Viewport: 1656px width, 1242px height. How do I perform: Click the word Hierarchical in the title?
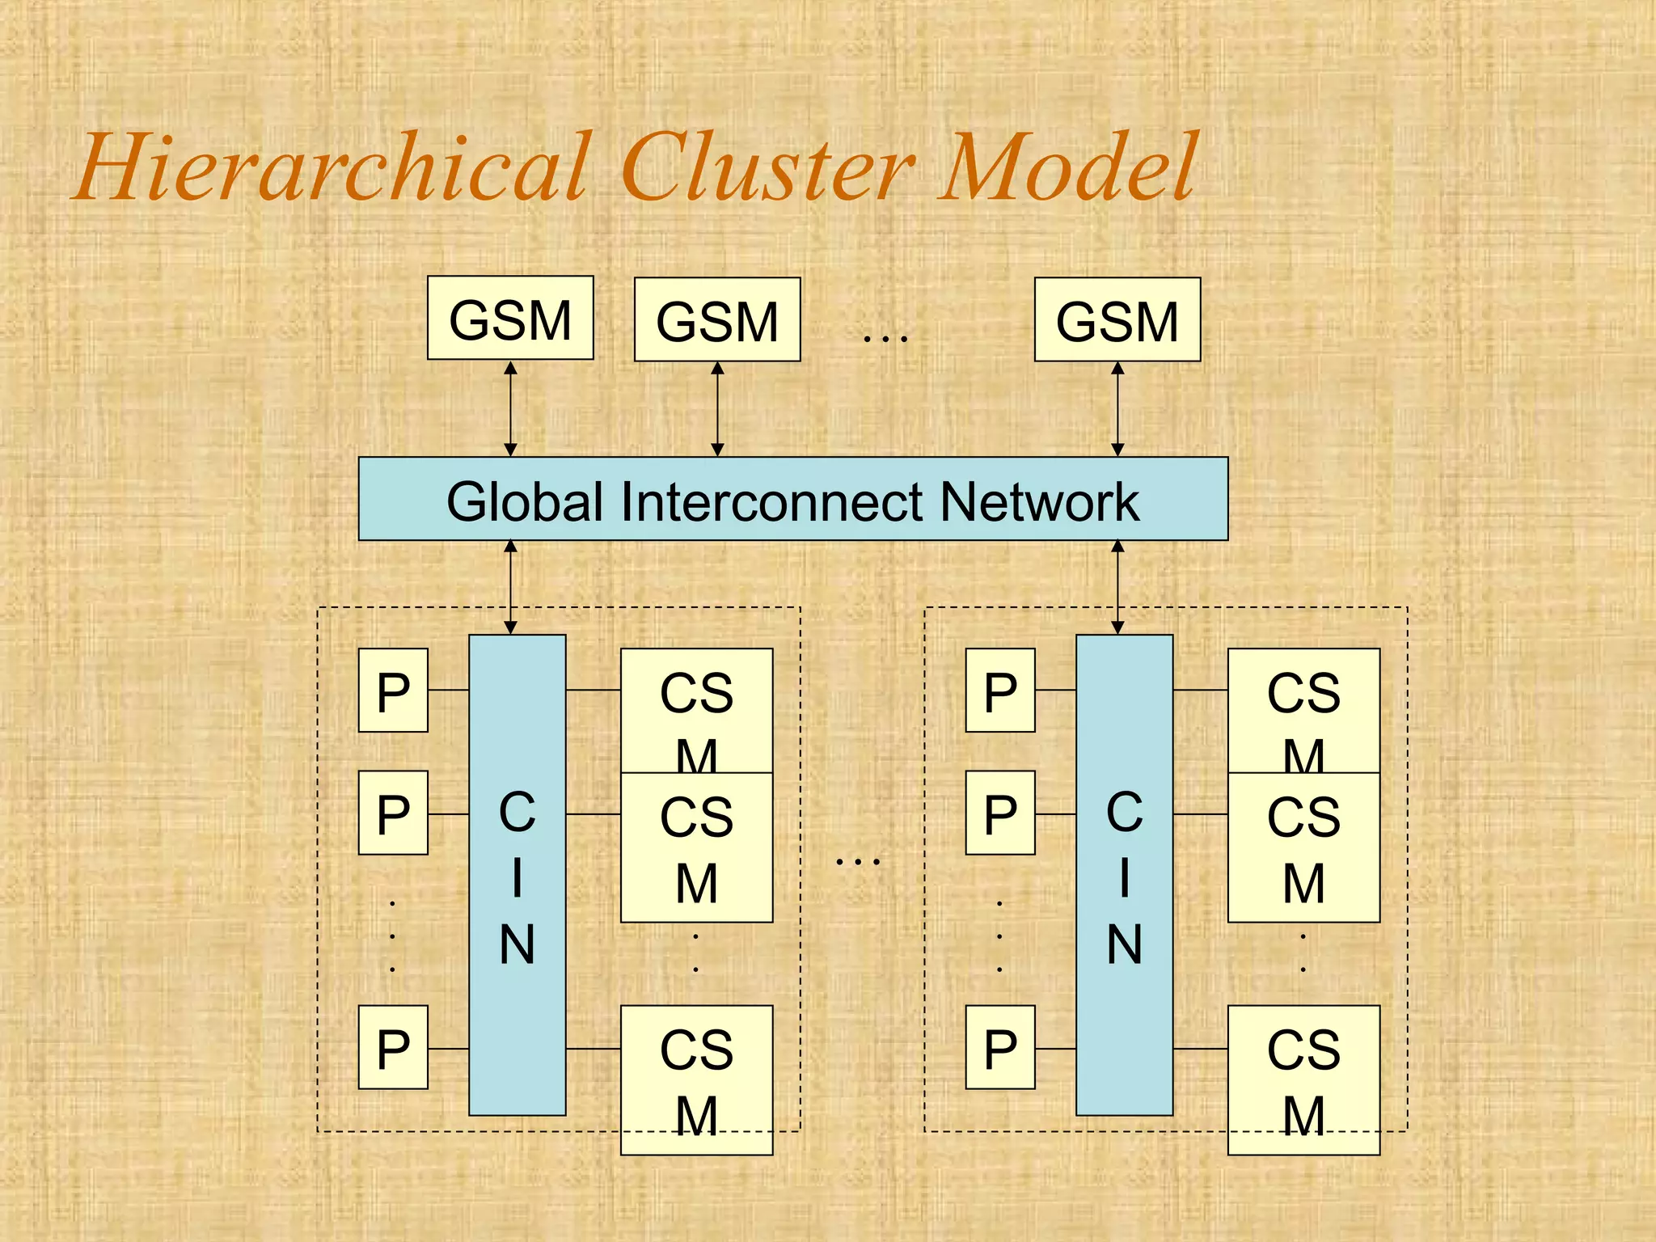332,168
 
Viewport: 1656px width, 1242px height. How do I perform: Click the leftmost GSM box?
510,318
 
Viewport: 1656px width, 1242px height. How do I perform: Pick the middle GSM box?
717,319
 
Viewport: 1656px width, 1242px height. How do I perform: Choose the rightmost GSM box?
1117,319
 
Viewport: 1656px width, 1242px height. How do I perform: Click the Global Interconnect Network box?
792,499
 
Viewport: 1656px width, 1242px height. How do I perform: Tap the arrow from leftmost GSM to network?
510,408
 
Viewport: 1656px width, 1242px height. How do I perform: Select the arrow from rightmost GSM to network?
1117,408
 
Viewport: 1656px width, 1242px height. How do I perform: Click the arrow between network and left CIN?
510,587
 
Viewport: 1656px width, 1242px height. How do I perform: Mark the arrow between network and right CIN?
1117,587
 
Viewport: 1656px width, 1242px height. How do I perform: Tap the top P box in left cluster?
393,690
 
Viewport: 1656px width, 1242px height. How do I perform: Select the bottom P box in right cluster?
1000,1047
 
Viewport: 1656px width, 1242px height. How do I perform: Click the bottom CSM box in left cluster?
696,1079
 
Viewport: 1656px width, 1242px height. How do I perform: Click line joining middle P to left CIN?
449,813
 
